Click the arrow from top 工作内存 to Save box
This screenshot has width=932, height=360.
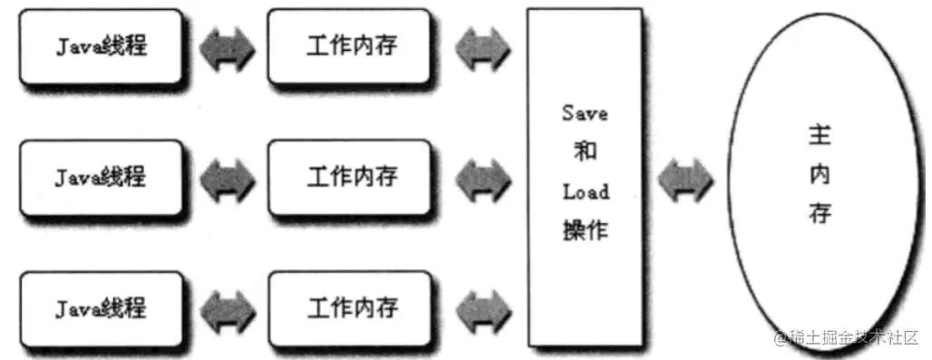tap(481, 48)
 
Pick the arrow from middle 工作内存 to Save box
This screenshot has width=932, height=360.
tap(481, 178)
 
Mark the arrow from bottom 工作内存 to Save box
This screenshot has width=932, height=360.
tap(481, 309)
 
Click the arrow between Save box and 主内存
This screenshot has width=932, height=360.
tap(685, 180)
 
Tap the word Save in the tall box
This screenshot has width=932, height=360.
tap(585, 113)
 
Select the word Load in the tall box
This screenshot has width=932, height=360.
tap(585, 192)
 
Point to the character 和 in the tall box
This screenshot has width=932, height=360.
tap(585, 152)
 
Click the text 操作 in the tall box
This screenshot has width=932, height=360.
tap(585, 230)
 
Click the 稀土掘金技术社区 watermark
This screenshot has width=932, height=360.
tap(847, 337)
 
